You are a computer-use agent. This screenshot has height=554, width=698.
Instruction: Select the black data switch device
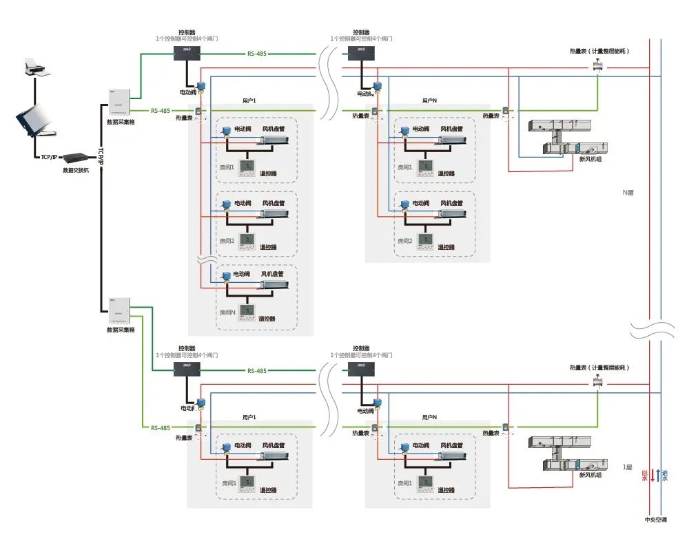[76, 158]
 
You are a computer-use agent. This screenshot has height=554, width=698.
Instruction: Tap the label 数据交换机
[76, 169]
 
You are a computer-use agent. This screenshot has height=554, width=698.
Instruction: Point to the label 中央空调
[655, 520]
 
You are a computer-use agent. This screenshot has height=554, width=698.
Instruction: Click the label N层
[628, 193]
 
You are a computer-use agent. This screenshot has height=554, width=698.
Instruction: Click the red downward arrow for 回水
[653, 475]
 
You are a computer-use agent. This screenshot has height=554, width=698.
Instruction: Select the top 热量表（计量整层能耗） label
[599, 51]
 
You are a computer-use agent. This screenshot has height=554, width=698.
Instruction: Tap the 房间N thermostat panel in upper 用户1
[247, 311]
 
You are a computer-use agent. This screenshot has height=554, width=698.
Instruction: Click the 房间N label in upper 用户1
[227, 312]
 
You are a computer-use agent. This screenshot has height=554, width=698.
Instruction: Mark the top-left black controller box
[186, 52]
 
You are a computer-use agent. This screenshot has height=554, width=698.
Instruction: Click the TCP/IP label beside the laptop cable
[48, 158]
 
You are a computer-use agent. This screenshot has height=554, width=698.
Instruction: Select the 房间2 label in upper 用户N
[404, 241]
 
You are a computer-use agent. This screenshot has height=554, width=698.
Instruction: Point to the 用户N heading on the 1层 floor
[429, 417]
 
